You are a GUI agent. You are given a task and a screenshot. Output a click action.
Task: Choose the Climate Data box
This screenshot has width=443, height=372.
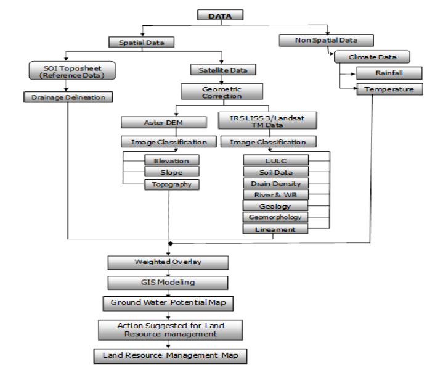[x=372, y=57]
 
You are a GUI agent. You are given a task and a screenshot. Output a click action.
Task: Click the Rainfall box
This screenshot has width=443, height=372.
[x=389, y=73]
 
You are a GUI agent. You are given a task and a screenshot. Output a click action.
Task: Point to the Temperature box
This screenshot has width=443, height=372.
[x=389, y=89]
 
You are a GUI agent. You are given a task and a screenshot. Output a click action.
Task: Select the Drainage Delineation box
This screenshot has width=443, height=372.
[x=68, y=97]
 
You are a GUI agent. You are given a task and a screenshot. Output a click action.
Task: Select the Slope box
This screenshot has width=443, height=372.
[x=172, y=172]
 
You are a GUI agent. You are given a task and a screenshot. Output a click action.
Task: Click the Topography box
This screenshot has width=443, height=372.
[x=172, y=184]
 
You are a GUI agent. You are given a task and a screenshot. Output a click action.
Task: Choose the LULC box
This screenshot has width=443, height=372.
[x=275, y=160]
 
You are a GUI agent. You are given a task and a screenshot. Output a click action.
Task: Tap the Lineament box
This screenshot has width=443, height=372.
[x=275, y=229]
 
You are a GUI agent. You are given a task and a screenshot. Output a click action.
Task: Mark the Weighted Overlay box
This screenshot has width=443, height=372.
[x=168, y=262]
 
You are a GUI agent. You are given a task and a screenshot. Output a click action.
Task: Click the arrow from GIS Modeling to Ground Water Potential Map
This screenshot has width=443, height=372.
[x=168, y=293]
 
